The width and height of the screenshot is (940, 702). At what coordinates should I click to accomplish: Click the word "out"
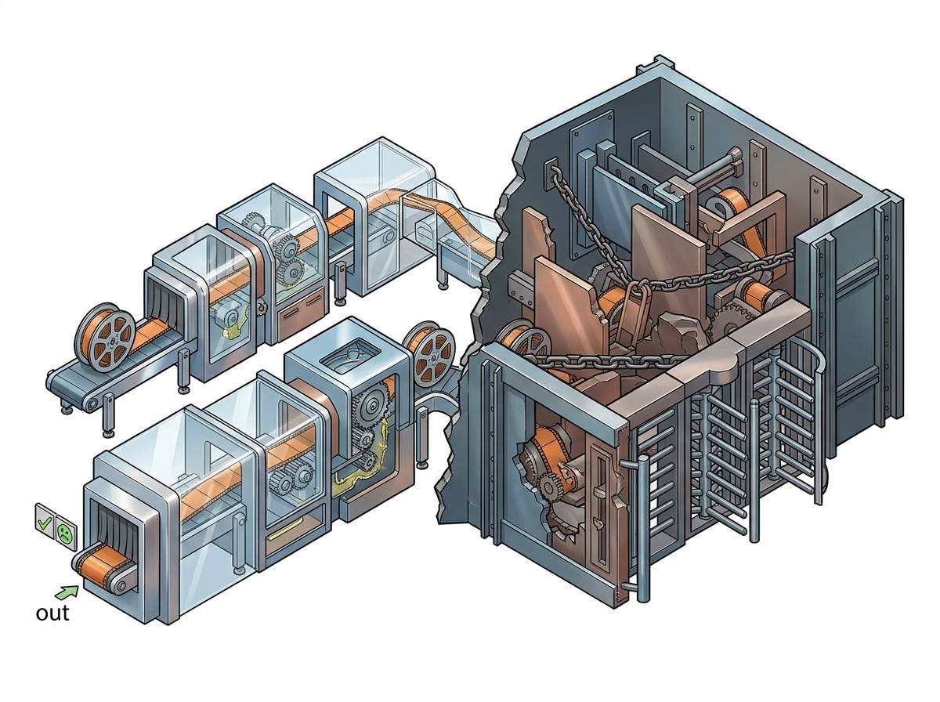52,613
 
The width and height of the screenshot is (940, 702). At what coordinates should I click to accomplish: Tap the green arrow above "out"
67,592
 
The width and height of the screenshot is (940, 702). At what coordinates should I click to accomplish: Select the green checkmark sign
45,521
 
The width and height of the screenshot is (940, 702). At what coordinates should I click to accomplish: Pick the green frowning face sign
65,532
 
